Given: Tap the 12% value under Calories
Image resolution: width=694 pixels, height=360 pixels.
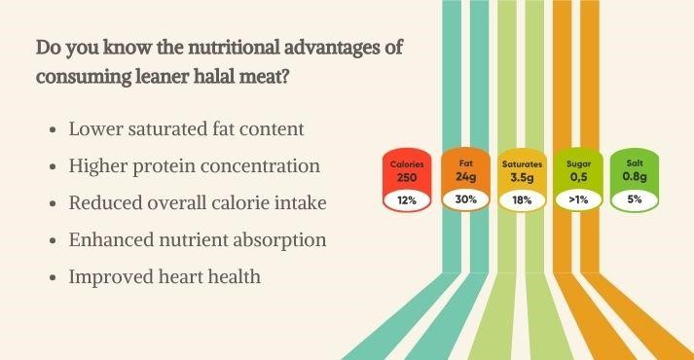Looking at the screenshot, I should pos(407,200).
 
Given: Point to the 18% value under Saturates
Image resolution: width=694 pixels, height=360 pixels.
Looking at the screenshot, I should pos(522,200).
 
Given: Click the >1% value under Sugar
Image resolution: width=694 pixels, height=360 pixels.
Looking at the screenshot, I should pos(578,200).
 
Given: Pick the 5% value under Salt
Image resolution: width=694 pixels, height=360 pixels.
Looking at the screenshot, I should pos(634,200).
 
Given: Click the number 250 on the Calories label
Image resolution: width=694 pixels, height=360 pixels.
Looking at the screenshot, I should pos(407,178).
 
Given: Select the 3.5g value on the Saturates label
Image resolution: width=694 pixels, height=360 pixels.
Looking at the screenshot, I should pos(522,178).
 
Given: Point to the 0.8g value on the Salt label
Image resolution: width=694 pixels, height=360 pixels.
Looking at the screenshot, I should pos(634,178).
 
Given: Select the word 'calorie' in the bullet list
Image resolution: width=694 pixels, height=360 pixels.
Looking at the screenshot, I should pos(241,202).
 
